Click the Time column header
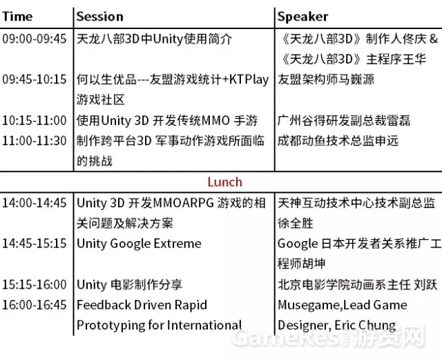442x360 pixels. (x=17, y=17)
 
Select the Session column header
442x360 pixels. (x=100, y=17)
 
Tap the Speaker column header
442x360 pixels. (x=302, y=17)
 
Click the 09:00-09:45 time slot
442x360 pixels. (x=35, y=39)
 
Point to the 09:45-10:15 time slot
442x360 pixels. (x=35, y=79)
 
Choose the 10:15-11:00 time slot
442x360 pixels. (x=35, y=120)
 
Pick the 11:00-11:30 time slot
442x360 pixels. (x=35, y=141)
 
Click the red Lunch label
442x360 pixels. (x=224, y=182)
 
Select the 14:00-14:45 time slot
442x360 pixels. (x=35, y=203)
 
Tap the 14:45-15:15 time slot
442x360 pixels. (x=35, y=243)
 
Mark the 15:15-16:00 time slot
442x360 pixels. (x=35, y=285)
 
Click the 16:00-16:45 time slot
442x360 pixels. (x=35, y=305)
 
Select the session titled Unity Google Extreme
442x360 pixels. (x=139, y=244)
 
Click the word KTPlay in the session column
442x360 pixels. (x=249, y=80)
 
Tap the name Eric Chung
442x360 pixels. (x=365, y=326)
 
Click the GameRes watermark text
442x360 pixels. (x=285, y=338)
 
